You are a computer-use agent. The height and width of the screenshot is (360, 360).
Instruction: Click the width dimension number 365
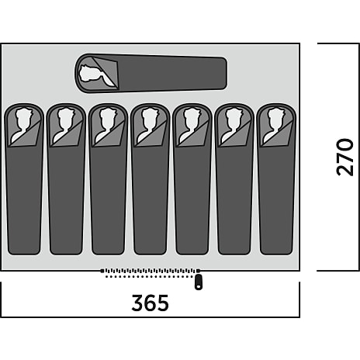[150, 303]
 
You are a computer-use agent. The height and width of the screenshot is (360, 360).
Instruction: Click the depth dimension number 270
[344, 157]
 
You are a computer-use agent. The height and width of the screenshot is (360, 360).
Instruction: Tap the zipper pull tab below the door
[199, 282]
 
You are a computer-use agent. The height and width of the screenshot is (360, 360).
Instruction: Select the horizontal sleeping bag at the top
[151, 73]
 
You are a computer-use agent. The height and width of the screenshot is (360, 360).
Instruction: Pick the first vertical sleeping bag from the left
[24, 179]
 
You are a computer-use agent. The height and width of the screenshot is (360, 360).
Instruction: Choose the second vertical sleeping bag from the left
[66, 179]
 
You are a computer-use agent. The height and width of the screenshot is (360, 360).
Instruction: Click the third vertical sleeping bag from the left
[108, 179]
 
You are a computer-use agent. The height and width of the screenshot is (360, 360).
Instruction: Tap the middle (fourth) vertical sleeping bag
[151, 179]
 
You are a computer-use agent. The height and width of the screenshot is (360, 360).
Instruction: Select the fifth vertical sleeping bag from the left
[192, 179]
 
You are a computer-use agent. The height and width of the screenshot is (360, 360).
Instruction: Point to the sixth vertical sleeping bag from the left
[234, 179]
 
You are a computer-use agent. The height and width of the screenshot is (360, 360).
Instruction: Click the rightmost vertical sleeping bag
[276, 179]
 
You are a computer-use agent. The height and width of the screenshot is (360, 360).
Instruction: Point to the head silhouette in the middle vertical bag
[149, 123]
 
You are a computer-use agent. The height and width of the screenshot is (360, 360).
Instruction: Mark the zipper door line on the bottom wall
[151, 271]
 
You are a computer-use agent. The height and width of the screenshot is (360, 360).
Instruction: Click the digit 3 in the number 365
[137, 303]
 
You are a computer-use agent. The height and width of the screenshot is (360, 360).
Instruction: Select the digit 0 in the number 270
[344, 145]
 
